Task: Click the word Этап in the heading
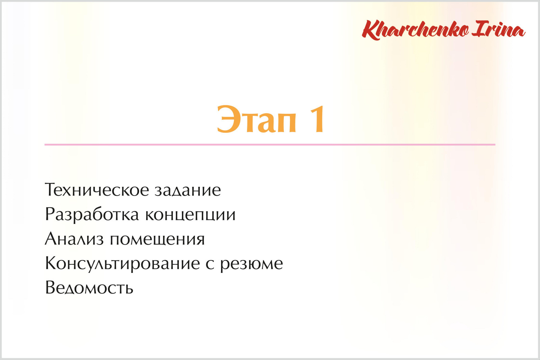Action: [x=256, y=119]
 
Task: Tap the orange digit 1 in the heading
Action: [x=317, y=119]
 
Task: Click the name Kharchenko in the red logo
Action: [x=415, y=30]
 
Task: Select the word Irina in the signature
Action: [x=499, y=29]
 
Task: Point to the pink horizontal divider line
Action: [x=270, y=145]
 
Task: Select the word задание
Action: [x=188, y=190]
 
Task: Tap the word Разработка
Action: [x=92, y=215]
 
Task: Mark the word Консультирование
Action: [x=123, y=264]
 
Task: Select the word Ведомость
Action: [x=89, y=288]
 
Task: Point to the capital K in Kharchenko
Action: [x=371, y=30]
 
